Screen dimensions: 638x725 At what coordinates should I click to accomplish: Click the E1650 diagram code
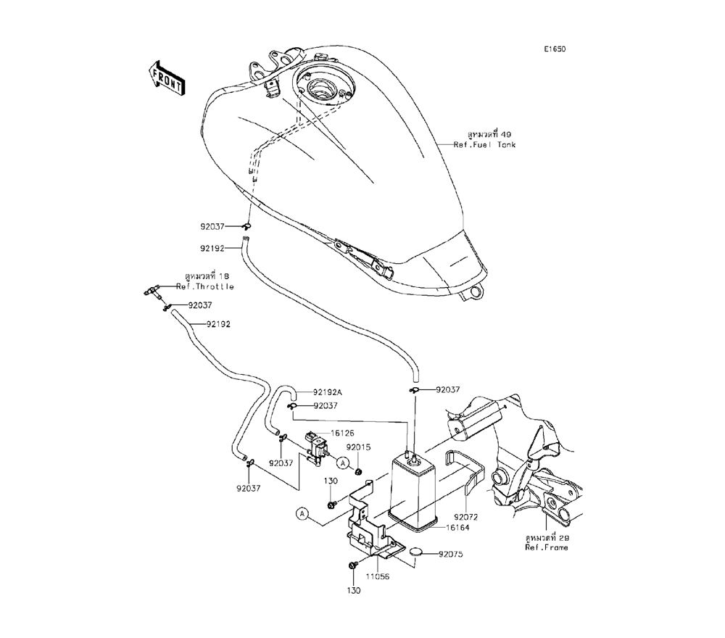point(555,49)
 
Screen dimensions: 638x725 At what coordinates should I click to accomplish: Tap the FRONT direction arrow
point(165,77)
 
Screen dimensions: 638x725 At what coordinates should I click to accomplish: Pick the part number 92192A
point(328,392)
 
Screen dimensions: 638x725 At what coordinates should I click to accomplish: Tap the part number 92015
point(358,447)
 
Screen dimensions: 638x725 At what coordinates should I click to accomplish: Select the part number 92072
point(467,516)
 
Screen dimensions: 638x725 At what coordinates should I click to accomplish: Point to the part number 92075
point(450,555)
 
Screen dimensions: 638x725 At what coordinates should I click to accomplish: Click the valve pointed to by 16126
point(315,448)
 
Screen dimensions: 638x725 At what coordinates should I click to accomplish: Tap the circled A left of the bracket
point(304,514)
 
